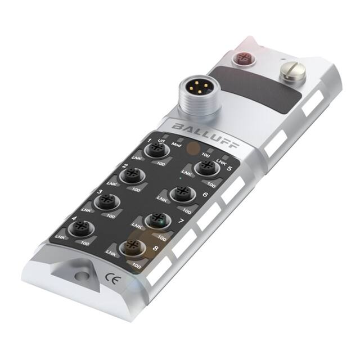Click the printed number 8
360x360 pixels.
(x=155, y=246)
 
